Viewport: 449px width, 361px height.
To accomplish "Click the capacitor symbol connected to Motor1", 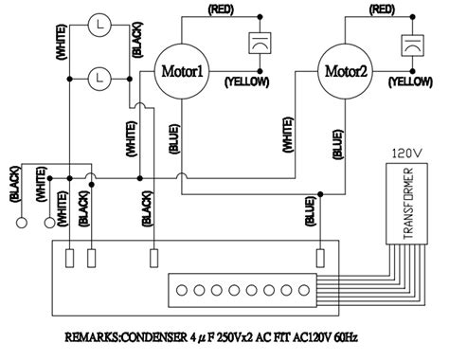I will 255,45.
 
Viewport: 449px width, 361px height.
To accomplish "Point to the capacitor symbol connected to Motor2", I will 414,45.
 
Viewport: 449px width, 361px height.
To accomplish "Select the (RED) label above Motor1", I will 220,9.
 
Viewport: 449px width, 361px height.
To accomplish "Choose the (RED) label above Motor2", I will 382,9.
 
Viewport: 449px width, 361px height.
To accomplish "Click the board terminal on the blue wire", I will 319,257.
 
